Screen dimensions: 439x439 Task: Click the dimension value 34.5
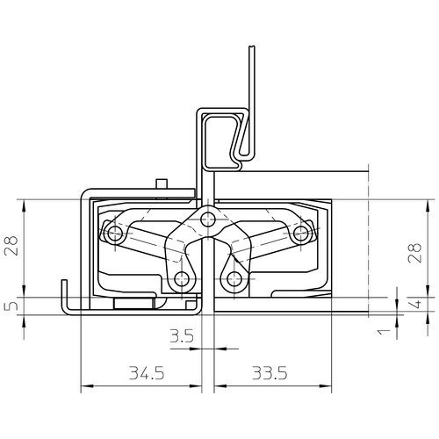pos(147,373)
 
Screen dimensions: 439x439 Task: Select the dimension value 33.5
pos(270,373)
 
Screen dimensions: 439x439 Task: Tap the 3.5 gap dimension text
pos(182,336)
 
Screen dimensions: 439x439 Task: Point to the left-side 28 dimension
pos(11,245)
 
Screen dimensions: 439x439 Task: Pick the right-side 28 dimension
pos(414,252)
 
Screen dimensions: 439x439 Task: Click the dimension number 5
pos(11,306)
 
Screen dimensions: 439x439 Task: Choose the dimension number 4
pos(416,304)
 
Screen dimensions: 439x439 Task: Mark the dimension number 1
pos(385,332)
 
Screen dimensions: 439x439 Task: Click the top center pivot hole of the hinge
pos(208,219)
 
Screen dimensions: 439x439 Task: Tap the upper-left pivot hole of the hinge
pos(115,234)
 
